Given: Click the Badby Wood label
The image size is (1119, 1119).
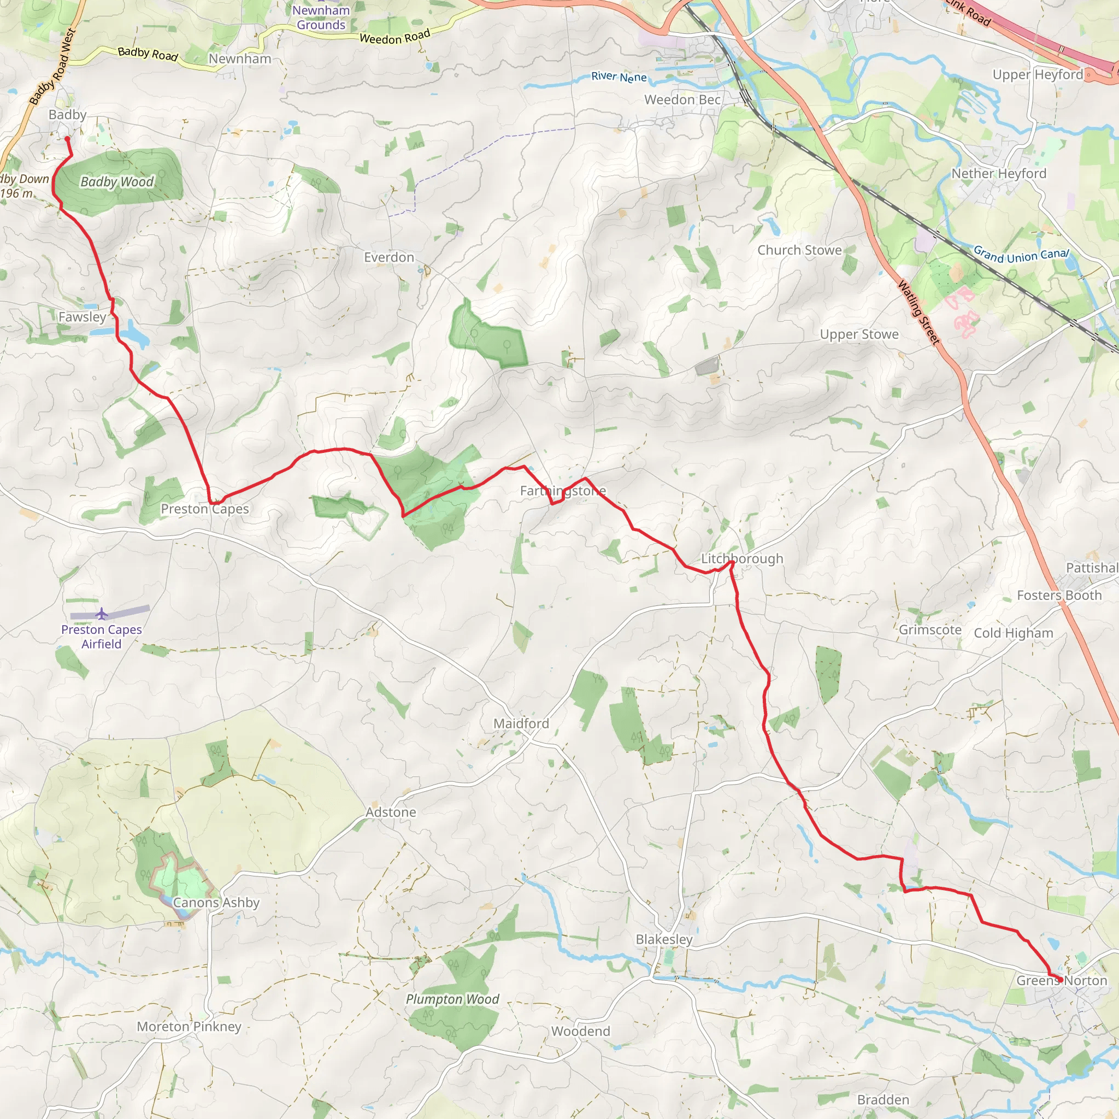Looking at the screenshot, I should pos(117,182).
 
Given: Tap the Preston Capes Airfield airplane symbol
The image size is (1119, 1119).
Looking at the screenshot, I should pos(102,614).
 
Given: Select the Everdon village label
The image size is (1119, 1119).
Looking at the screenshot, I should pos(388,257).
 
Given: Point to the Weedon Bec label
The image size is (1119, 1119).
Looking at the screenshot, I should pos(682,99).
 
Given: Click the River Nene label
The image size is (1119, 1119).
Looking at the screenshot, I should pos(619,76).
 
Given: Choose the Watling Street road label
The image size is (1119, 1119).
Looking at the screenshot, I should pos(918,313).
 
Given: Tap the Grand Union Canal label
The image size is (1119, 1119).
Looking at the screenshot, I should pos(1021,255).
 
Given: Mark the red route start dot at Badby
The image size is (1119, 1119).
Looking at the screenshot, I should pos(67,139).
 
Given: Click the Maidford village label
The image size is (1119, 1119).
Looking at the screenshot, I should pos(521,723).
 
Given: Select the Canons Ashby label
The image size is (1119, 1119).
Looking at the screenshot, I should pos(216,903).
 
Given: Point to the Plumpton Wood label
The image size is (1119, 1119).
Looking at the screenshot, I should pos(452,999).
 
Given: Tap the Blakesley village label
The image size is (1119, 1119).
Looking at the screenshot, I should pos(664,939).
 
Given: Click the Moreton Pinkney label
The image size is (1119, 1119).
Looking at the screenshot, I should pos(189,1026).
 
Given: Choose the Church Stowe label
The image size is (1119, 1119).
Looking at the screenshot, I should pos(799,250).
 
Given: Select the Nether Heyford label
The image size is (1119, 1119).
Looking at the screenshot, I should pos(999,174).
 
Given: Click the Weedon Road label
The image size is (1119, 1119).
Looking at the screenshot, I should pos(394,37).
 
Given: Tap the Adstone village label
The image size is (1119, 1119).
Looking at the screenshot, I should pos(390,812).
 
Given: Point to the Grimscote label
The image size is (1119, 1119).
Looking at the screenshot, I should pos(929,629).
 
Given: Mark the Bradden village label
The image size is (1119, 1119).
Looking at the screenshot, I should pos(883,1099).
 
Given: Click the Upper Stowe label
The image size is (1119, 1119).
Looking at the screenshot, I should pos(859,334).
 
